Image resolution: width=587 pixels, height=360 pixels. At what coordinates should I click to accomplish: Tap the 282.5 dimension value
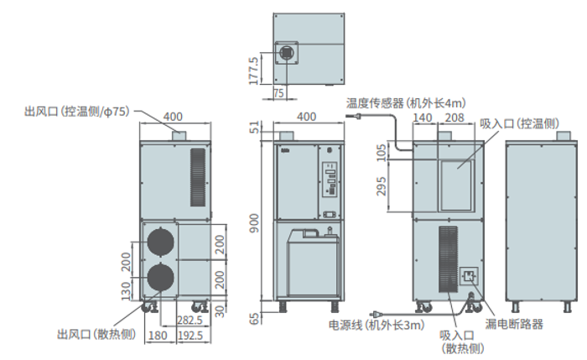click(190, 321)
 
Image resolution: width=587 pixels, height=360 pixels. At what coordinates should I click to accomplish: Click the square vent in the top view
click(288, 53)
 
